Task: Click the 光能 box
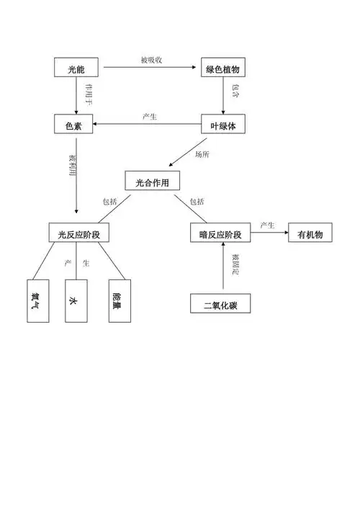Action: pyautogui.click(x=76, y=69)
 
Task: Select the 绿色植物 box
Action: pyautogui.click(x=222, y=69)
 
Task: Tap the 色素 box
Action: pyautogui.click(x=76, y=125)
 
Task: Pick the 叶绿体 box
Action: pyautogui.click(x=222, y=125)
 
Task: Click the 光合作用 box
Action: pyautogui.click(x=152, y=182)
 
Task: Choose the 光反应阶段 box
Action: pyautogui.click(x=78, y=233)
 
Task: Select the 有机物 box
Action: pyautogui.click(x=310, y=233)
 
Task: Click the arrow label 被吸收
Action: pyautogui.click(x=151, y=60)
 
